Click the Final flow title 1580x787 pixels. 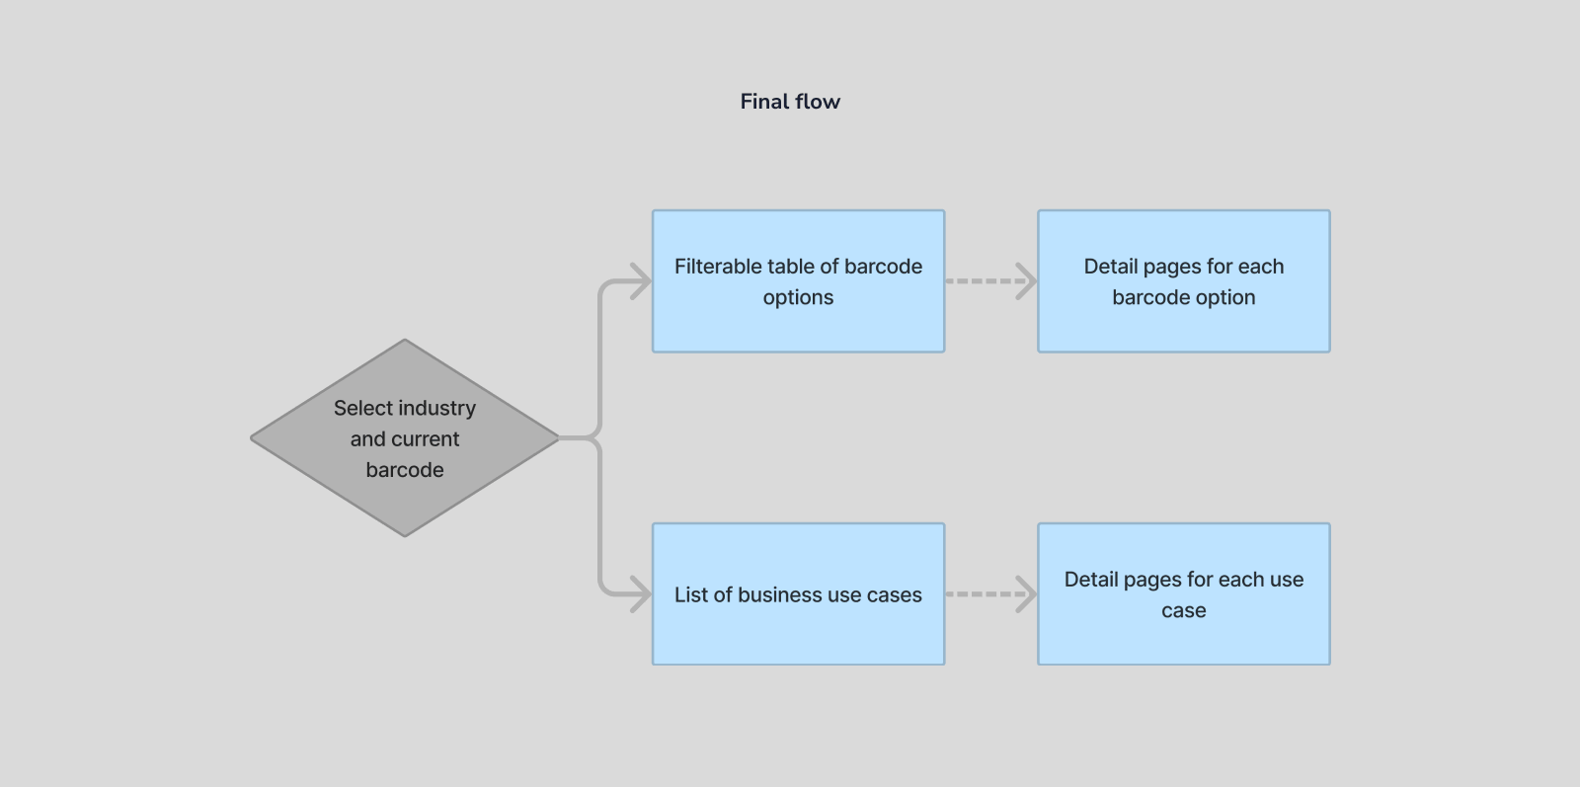pyautogui.click(x=790, y=102)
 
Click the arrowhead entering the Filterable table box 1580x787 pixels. pyautogui.click(x=642, y=281)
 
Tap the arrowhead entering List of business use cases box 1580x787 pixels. pyautogui.click(x=642, y=594)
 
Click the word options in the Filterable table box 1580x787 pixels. pyautogui.click(x=798, y=297)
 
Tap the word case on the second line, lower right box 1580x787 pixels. pyautogui.click(x=1183, y=610)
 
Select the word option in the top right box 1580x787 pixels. pyautogui.click(x=1224, y=297)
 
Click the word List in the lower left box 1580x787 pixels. pyautogui.click(x=690, y=594)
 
